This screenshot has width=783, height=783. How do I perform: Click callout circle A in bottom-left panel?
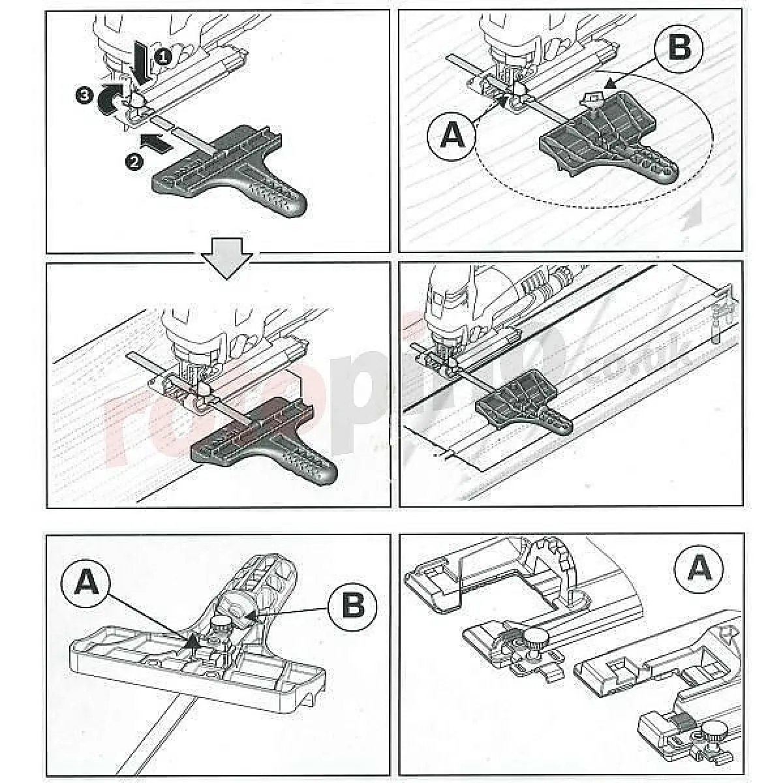(87, 581)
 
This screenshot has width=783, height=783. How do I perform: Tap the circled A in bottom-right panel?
(700, 568)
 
